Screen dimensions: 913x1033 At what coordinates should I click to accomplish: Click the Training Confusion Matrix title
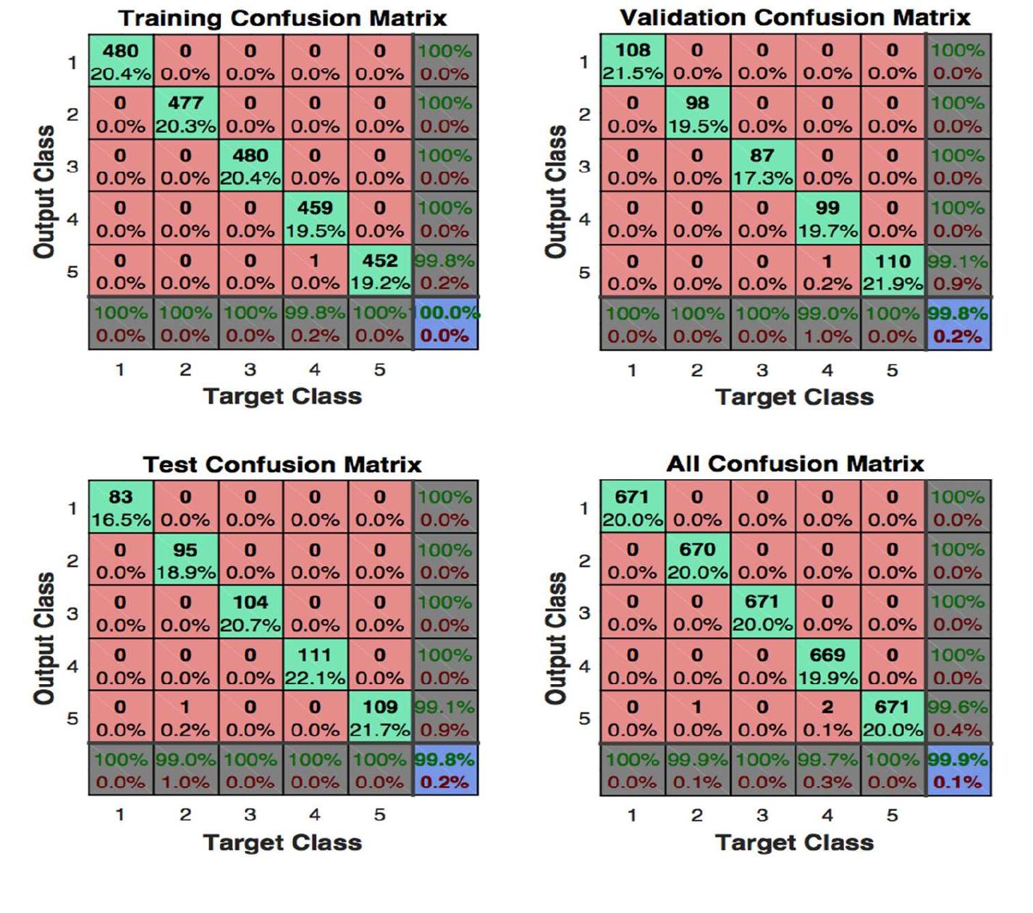click(x=282, y=18)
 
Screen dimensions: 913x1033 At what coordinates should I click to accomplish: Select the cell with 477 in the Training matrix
click(x=185, y=114)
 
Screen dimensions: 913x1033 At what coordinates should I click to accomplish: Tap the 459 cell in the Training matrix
click(x=315, y=219)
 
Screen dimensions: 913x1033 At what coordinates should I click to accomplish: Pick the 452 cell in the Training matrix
click(x=380, y=271)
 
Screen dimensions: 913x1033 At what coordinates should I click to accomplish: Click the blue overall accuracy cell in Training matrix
click(x=446, y=324)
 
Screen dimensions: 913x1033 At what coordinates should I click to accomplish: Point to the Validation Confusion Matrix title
click(x=795, y=17)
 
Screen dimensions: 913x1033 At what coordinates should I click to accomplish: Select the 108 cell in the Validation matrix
click(x=633, y=61)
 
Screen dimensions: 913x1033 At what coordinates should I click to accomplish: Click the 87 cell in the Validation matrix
click(x=762, y=166)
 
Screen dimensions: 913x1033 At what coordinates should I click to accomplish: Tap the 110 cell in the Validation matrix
click(x=893, y=272)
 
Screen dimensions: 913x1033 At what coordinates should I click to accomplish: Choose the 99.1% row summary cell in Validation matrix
click(x=958, y=272)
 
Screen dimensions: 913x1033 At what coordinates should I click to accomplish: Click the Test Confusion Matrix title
click(x=282, y=464)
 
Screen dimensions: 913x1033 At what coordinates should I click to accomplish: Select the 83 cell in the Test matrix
click(x=121, y=508)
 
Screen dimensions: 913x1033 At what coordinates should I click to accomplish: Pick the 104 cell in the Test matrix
click(x=250, y=613)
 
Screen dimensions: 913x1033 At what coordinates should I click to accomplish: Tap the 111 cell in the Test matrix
click(x=315, y=665)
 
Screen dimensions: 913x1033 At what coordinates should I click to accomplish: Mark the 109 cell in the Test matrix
click(x=380, y=718)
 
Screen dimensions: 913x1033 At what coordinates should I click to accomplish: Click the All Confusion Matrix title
click(x=795, y=463)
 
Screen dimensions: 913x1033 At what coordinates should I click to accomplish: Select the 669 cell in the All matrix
click(x=827, y=665)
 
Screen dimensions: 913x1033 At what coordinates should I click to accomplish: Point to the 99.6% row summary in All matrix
click(x=958, y=718)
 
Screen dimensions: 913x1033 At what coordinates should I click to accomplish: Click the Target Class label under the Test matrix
click(x=282, y=842)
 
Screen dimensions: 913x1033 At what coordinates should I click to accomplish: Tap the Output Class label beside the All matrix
click(x=556, y=638)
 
